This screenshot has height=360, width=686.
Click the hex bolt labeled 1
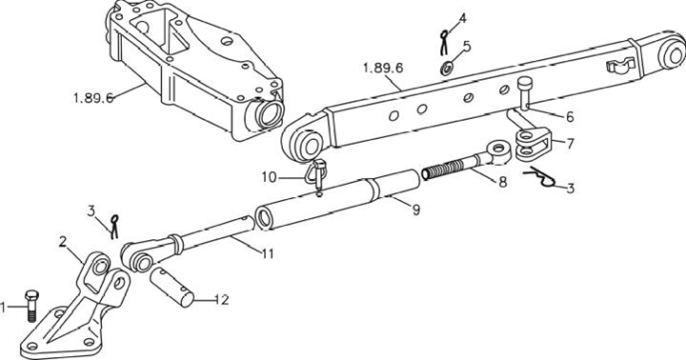tap(31, 306)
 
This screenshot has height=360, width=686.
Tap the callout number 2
tap(63, 242)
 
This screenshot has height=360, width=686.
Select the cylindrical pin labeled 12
tap(171, 288)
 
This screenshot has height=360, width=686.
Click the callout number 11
tap(268, 253)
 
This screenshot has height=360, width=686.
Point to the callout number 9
tap(416, 210)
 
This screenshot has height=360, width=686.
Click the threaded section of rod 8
tap(443, 168)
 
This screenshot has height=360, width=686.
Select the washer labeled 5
tap(447, 69)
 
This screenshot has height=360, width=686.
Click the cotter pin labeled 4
tap(444, 42)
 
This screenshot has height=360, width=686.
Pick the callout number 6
tap(570, 117)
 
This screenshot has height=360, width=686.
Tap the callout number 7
tap(570, 144)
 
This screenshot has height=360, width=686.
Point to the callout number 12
tap(222, 300)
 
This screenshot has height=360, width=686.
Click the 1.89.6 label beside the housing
tap(94, 98)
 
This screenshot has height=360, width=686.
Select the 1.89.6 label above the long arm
tap(383, 69)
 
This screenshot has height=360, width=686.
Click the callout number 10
tap(270, 177)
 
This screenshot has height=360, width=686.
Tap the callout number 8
tap(503, 183)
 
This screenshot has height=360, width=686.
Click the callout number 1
tap(4, 308)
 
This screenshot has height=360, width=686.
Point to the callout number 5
tap(467, 47)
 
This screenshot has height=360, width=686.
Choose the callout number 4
tap(462, 19)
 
